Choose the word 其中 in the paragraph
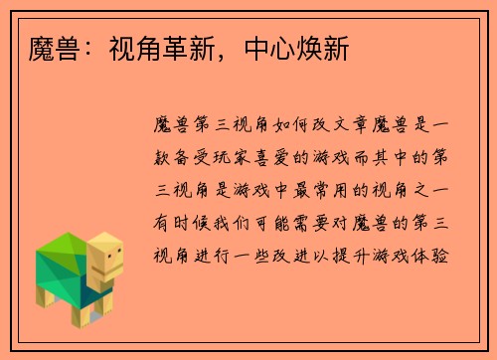(x=406, y=157)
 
